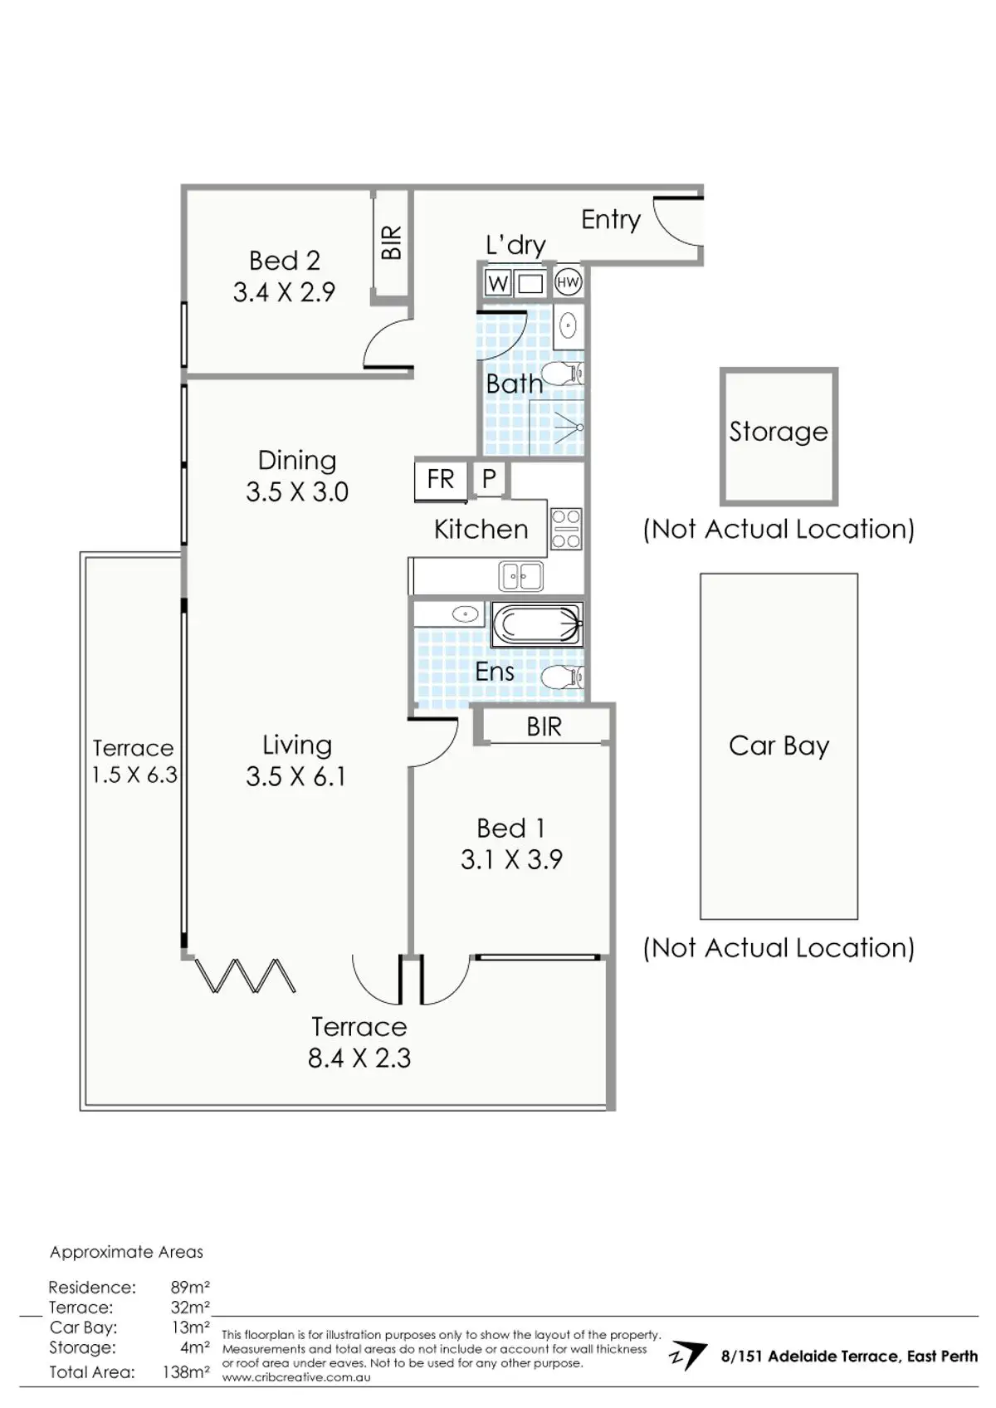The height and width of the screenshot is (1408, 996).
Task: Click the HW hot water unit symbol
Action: click(x=568, y=283)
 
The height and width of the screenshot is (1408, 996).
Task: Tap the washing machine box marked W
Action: click(x=497, y=284)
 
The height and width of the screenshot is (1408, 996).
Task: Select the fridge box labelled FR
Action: click(x=441, y=479)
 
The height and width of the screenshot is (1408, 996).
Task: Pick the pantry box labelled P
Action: click(x=489, y=478)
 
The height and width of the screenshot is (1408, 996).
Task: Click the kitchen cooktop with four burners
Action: click(x=566, y=529)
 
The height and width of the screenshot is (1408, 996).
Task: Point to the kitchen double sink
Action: click(x=520, y=575)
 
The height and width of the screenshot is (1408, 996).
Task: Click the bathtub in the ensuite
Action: click(x=536, y=624)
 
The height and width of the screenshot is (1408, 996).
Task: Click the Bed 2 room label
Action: click(x=284, y=261)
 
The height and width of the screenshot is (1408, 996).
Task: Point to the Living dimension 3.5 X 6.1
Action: click(x=295, y=776)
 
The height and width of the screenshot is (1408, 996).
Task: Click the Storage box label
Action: click(x=778, y=432)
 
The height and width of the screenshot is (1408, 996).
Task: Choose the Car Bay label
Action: click(x=779, y=746)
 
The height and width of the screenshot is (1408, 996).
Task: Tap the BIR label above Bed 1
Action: click(x=544, y=727)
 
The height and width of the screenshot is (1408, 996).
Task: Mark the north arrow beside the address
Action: click(x=688, y=1356)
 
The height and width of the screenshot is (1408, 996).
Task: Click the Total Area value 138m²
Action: click(x=186, y=1372)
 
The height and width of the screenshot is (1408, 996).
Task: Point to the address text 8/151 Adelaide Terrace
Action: click(x=849, y=1357)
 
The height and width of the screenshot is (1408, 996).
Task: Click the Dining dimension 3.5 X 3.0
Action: click(x=296, y=491)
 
